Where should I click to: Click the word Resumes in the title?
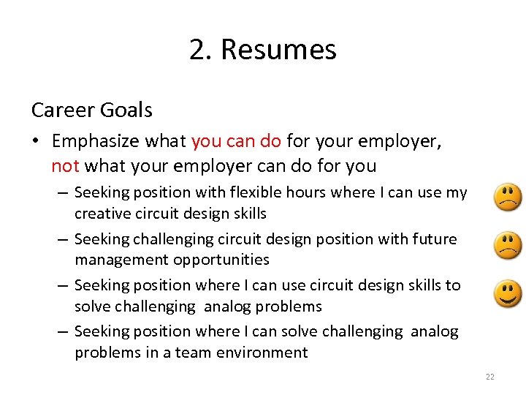(278, 50)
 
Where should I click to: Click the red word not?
(65, 165)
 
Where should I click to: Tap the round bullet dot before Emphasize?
(36, 140)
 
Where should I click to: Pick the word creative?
(101, 214)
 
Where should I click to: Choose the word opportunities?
(221, 260)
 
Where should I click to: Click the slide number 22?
(489, 377)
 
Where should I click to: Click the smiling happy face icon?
(508, 294)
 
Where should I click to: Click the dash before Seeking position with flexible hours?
(62, 193)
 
